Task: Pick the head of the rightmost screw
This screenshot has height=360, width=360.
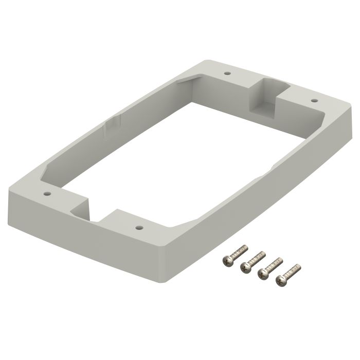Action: click(x=281, y=280)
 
